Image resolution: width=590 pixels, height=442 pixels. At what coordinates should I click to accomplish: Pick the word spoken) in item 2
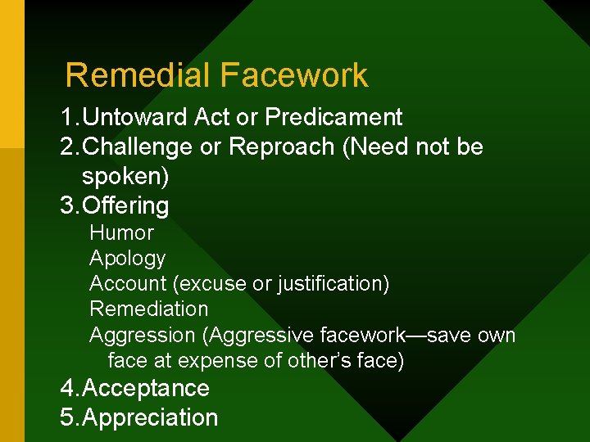125,177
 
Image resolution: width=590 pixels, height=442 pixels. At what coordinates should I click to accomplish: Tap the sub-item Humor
121,232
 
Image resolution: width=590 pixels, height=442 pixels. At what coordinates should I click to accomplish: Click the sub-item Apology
127,259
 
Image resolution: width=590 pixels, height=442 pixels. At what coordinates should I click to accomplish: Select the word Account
128,284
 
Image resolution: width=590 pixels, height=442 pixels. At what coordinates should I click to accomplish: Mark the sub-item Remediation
148,309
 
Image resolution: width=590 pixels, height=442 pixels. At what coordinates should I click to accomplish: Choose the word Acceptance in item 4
146,388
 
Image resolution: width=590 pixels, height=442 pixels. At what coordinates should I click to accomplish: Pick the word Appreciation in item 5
151,417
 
